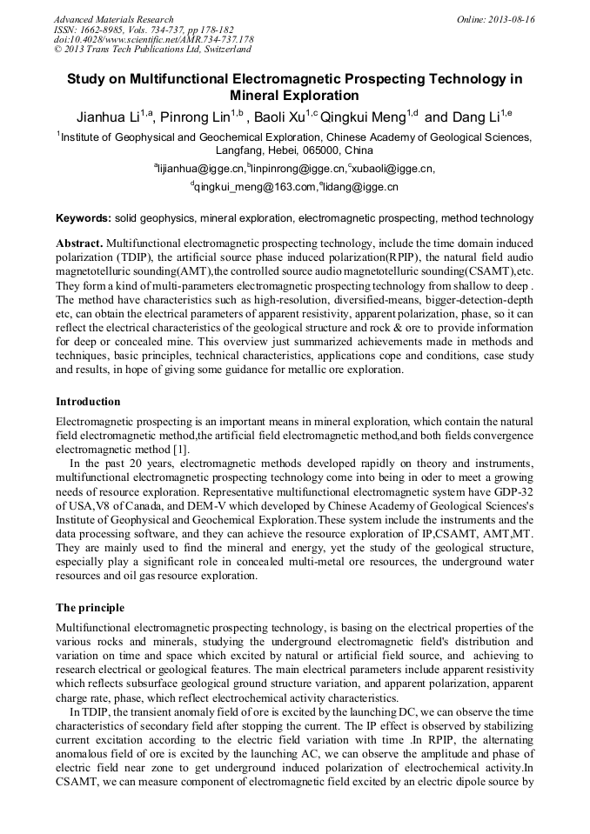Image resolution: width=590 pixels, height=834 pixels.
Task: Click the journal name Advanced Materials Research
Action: coord(113,19)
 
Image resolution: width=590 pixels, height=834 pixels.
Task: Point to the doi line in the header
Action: coord(153,40)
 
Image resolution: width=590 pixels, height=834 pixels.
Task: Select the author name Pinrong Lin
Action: coord(197,117)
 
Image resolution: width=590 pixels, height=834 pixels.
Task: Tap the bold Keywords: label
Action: coord(84,218)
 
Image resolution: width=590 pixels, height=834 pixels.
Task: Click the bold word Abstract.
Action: coord(79,243)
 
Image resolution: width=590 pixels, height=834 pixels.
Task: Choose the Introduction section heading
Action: coord(88,402)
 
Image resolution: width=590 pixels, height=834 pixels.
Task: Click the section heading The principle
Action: coord(90,608)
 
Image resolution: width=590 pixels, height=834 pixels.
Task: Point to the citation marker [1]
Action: coord(180,449)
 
